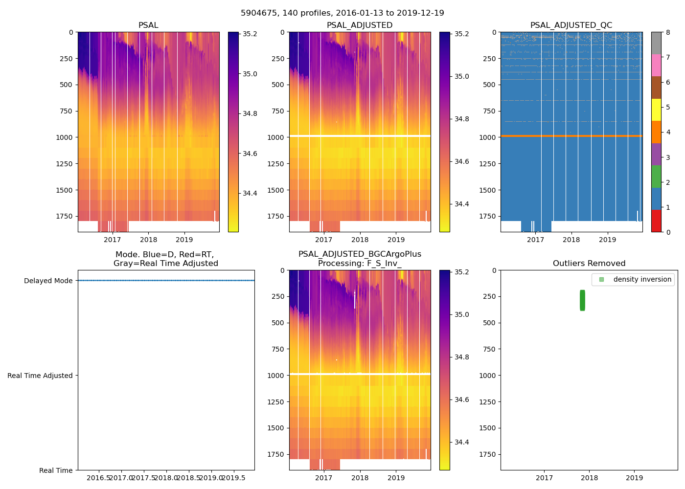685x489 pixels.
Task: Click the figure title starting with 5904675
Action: [x=342, y=13]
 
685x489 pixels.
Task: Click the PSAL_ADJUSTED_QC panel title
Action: [x=571, y=25]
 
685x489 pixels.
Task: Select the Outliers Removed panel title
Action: [x=589, y=264]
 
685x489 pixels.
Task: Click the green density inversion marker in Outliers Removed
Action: [x=582, y=300]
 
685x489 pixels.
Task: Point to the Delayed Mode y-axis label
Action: [x=48, y=281]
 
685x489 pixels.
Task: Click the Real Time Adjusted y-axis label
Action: [x=40, y=376]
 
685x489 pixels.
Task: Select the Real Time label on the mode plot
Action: [x=56, y=470]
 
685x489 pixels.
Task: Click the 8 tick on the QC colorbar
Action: [x=668, y=32]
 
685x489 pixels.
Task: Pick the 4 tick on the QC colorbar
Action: [x=668, y=132]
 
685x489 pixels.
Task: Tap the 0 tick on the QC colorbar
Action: [x=668, y=232]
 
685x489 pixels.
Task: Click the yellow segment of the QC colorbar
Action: [x=656, y=110]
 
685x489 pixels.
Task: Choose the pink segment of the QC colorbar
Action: [x=656, y=66]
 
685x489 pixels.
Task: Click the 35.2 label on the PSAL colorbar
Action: [x=250, y=34]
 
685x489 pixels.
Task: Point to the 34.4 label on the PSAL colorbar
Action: [x=250, y=194]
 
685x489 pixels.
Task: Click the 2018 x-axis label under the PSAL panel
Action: [x=148, y=240]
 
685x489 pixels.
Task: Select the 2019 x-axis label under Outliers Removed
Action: [x=635, y=478]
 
